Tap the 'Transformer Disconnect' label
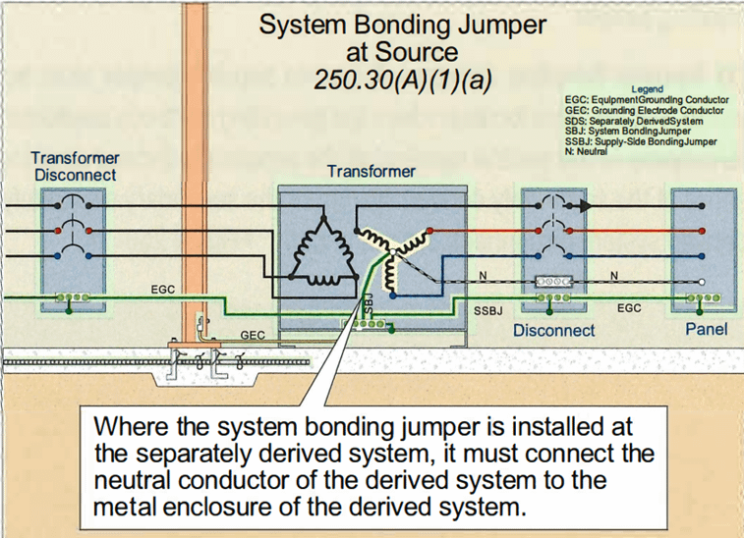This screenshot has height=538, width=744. [x=76, y=166]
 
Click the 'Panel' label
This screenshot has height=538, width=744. [x=706, y=329]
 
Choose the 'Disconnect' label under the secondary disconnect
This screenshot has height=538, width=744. [x=554, y=331]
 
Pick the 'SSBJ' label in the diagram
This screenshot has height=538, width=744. [x=488, y=310]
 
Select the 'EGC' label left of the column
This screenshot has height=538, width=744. [x=164, y=291]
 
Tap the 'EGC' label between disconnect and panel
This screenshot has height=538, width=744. [x=629, y=308]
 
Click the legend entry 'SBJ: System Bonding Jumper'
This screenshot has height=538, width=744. [x=628, y=131]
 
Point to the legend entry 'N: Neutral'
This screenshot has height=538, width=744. [x=587, y=152]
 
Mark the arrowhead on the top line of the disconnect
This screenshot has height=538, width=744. [x=586, y=206]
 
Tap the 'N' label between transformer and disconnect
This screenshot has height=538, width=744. [x=483, y=274]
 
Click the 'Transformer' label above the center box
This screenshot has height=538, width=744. [x=372, y=172]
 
